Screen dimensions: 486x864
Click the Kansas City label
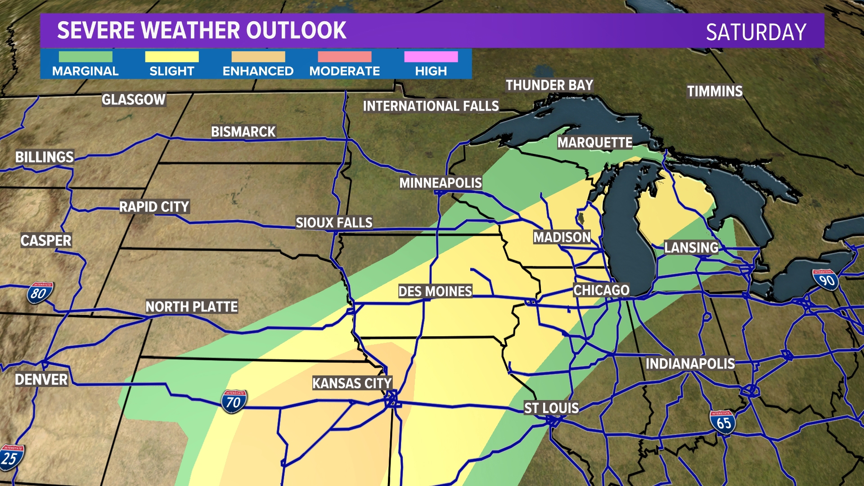(352, 383)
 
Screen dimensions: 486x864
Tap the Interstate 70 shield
(234, 401)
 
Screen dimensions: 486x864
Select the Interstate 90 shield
(826, 280)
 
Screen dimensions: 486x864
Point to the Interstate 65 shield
(723, 422)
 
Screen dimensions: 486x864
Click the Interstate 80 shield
(40, 293)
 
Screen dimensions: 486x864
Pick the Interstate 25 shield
(11, 457)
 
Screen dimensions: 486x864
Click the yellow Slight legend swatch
(171, 57)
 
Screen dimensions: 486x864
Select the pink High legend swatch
(431, 57)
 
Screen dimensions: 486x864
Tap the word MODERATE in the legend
(344, 71)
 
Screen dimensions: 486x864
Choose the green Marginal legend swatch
(85, 57)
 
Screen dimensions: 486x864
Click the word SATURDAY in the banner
(756, 32)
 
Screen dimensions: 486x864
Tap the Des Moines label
(435, 291)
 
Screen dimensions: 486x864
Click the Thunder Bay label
(549, 85)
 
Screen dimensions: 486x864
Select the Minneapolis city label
(440, 183)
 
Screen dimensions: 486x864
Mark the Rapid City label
(154, 207)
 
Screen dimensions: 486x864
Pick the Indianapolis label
(690, 364)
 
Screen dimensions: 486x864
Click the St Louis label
(551, 408)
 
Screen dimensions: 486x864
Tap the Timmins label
(714, 91)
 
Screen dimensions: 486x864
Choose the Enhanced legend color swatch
(258, 57)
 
